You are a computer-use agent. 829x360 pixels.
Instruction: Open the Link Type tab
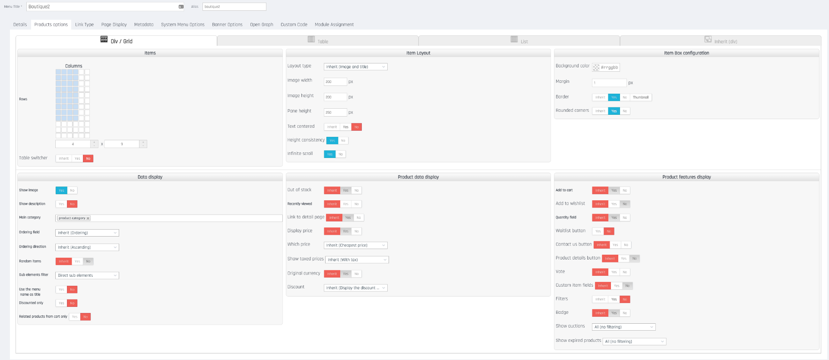pyautogui.click(x=84, y=25)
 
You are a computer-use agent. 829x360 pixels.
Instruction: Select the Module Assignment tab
pyautogui.click(x=334, y=25)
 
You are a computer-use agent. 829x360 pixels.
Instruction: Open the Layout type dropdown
pyautogui.click(x=355, y=67)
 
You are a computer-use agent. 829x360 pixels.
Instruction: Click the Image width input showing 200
pyautogui.click(x=335, y=82)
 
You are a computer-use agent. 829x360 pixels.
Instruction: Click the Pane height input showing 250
pyautogui.click(x=335, y=112)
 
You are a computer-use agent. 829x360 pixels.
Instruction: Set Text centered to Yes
pyautogui.click(x=345, y=127)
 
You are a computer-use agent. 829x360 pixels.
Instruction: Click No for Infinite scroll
pyautogui.click(x=341, y=154)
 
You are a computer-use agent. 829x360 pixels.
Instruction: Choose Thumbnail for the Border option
pyautogui.click(x=640, y=98)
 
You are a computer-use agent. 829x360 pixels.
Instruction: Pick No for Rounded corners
pyautogui.click(x=625, y=111)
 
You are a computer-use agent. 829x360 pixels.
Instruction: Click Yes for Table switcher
pyautogui.click(x=77, y=158)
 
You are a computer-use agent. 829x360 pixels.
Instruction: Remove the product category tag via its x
pyautogui.click(x=88, y=218)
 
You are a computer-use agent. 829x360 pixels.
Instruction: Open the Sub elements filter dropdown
pyautogui.click(x=87, y=275)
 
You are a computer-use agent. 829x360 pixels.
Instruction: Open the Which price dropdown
pyautogui.click(x=355, y=245)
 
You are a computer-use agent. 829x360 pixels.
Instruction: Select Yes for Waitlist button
pyautogui.click(x=598, y=231)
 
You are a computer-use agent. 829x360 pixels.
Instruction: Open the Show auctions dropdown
pyautogui.click(x=623, y=327)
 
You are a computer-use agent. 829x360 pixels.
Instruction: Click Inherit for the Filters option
pyautogui.click(x=600, y=299)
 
